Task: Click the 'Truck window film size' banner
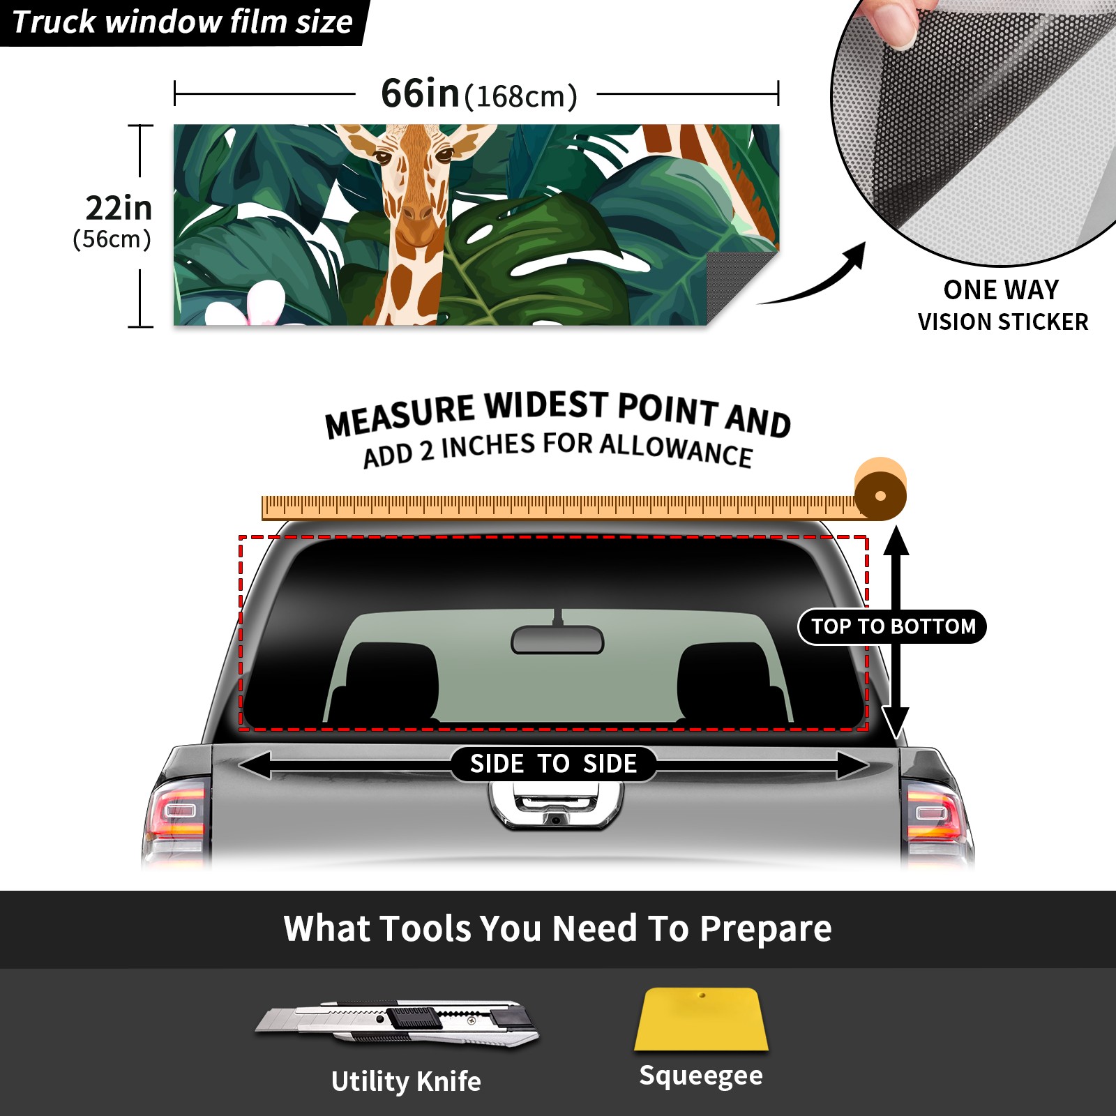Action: (183, 22)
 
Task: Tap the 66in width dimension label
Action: (479, 93)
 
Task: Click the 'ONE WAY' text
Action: (1001, 289)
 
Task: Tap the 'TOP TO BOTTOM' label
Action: (893, 626)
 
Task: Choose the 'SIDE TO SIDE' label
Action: (553, 764)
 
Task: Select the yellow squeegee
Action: (701, 1019)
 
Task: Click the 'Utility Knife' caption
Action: (406, 1081)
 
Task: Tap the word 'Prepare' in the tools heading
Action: (765, 929)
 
